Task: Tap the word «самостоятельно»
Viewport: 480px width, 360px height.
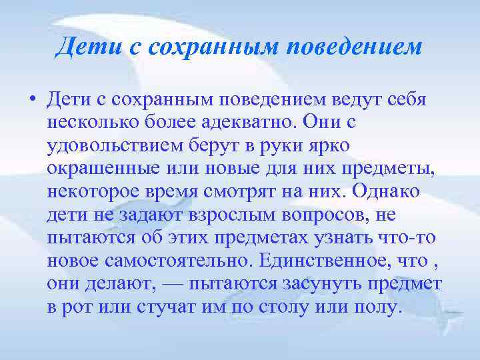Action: point(175,262)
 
